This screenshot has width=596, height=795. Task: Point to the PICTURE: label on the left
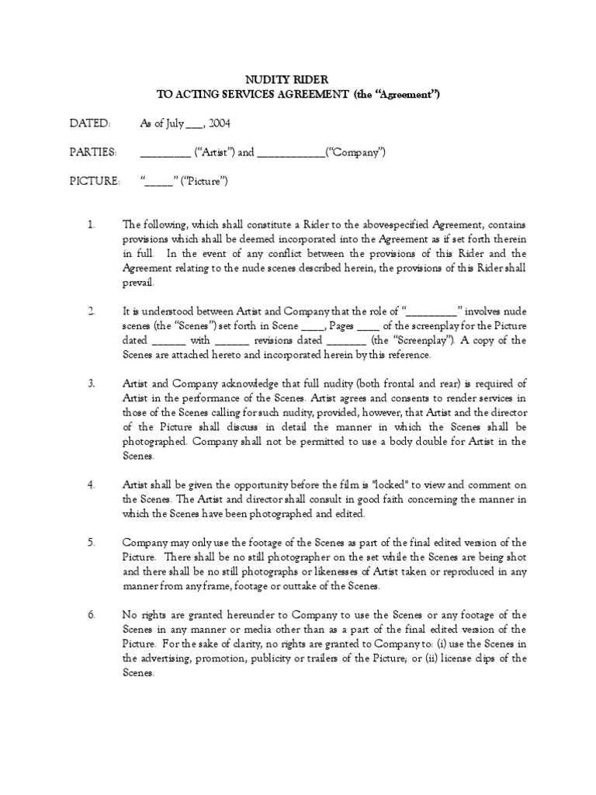[x=95, y=181]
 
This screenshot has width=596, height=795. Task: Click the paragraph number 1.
[x=91, y=224]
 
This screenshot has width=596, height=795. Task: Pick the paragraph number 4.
[x=91, y=485]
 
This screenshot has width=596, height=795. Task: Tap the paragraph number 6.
[x=91, y=615]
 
